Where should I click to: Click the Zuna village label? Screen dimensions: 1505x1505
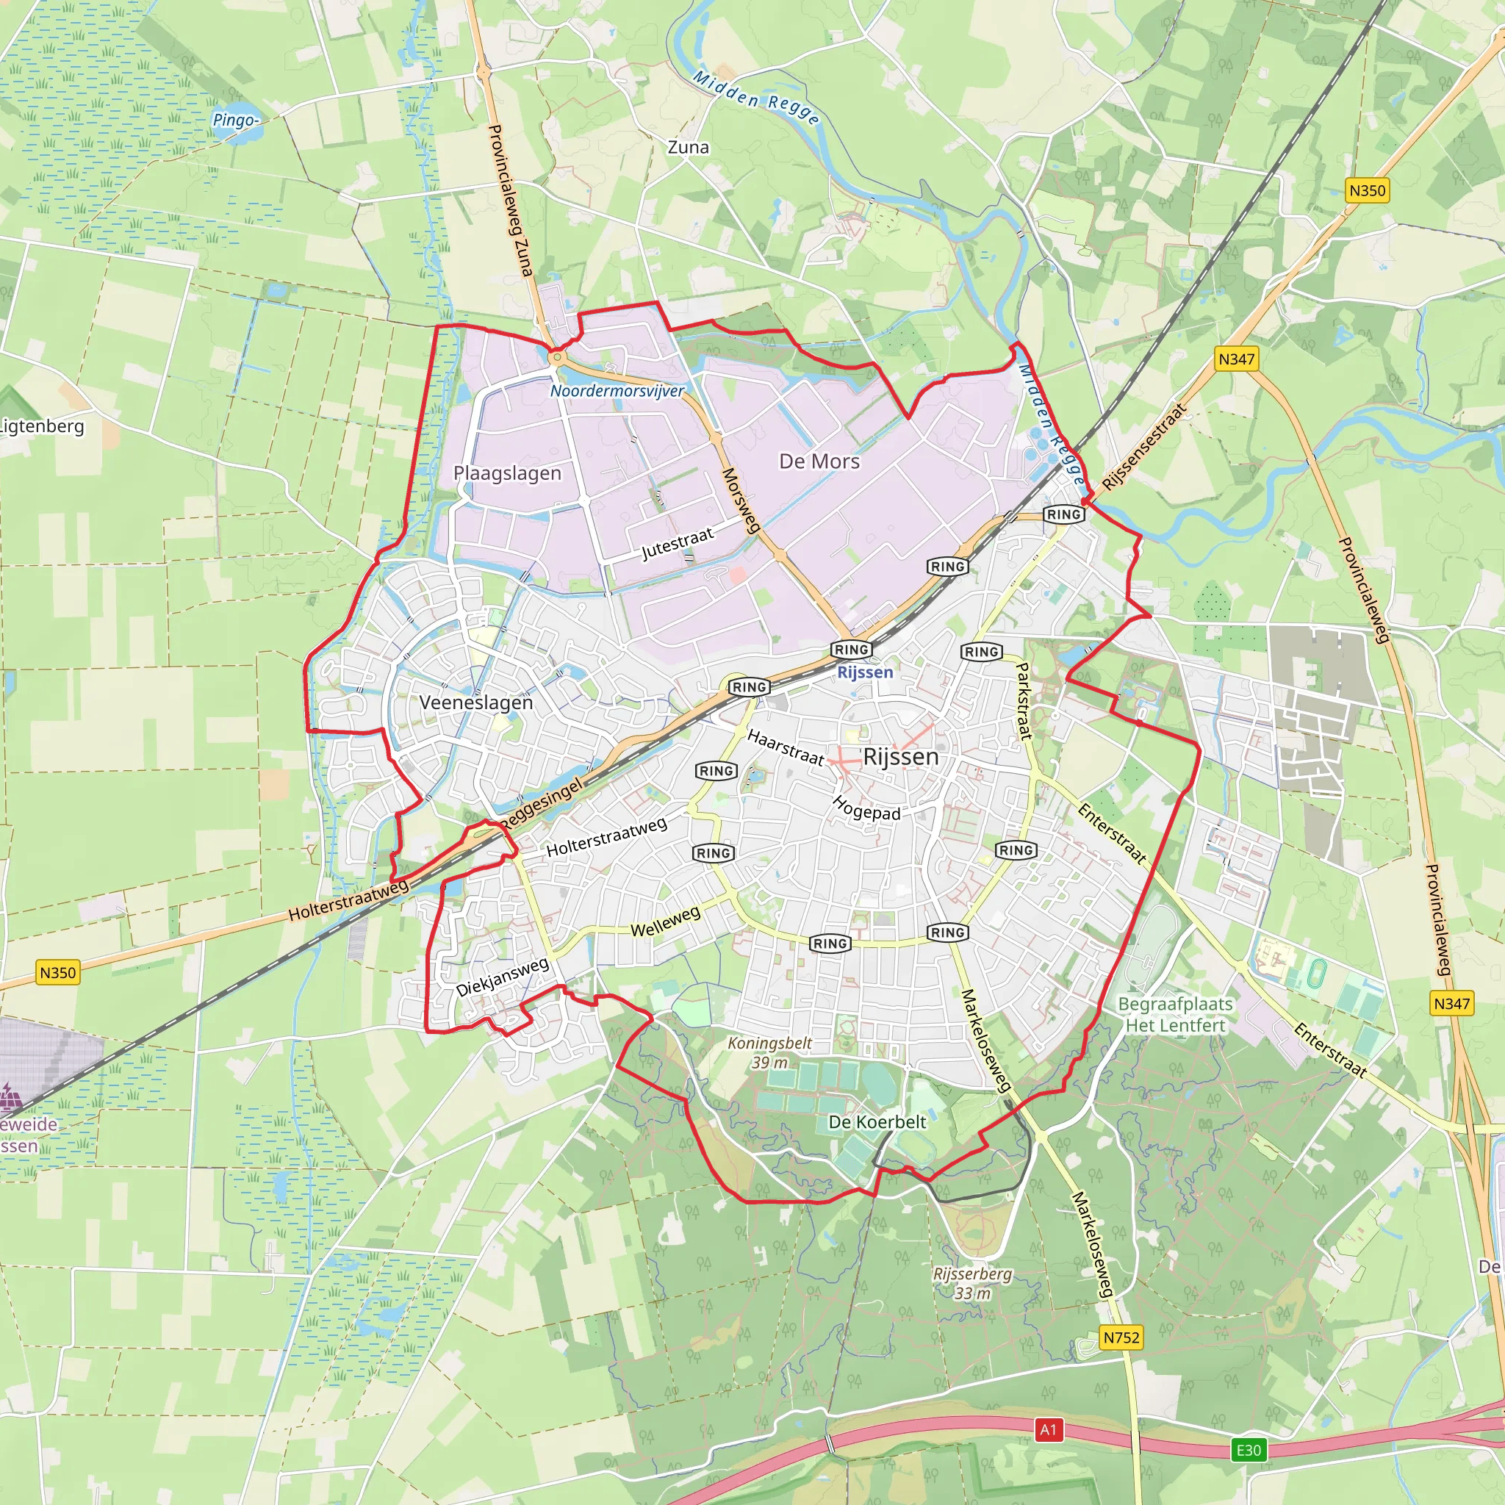[688, 147]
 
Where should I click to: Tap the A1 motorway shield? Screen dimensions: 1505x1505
[1048, 1429]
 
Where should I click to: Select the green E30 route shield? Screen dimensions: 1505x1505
[1248, 1450]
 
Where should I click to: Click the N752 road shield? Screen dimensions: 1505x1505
[1121, 1337]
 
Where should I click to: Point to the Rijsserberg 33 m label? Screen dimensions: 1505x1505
[972, 1283]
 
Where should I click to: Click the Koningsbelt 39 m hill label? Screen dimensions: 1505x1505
[769, 1052]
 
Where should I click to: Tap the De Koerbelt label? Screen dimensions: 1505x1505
[877, 1121]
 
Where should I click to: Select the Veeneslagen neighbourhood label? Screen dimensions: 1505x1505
[476, 703]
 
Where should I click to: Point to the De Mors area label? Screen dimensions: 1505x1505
[819, 461]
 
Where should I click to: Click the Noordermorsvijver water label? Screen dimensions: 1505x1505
[617, 391]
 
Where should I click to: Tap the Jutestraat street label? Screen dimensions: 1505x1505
[677, 544]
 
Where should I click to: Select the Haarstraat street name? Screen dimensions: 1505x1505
[786, 747]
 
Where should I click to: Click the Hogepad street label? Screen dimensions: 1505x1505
[866, 808]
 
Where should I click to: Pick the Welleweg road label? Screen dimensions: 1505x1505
[664, 922]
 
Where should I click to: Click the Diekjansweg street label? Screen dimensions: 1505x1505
[503, 977]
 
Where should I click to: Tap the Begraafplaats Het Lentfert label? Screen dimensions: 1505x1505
[1176, 1014]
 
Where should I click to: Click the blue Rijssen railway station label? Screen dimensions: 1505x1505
[865, 672]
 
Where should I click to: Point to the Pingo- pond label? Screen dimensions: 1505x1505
[236, 120]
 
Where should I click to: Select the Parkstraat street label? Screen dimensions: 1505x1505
[1024, 700]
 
